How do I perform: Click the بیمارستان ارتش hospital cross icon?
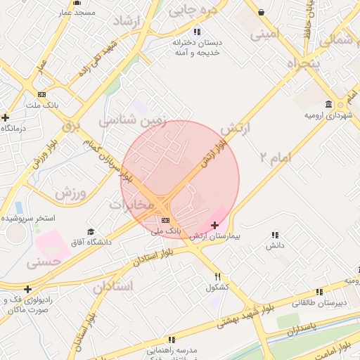tap(214, 225)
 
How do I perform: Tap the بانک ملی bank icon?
tap(165, 220)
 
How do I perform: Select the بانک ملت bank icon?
tap(42, 94)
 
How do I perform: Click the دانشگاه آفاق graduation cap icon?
tap(90, 231)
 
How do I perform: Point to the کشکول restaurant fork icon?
tap(218, 276)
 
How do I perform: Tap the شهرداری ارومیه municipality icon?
tap(340, 103)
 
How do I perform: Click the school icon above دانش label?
tap(274, 235)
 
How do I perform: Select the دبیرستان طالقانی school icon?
tap(320, 291)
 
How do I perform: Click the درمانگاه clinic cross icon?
tap(6, 117)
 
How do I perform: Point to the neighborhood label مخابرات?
tap(131, 205)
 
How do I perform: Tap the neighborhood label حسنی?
tap(43, 263)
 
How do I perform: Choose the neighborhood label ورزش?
tap(70, 192)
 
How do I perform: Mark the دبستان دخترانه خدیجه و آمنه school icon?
tap(197, 31)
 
